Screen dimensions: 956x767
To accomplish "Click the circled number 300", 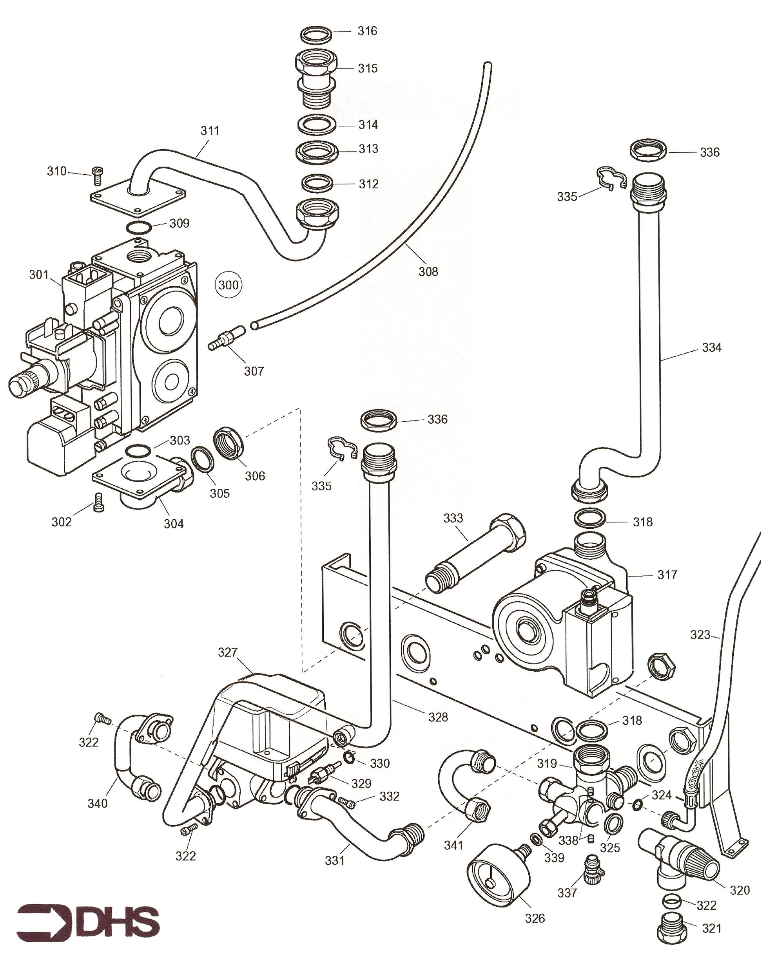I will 228,285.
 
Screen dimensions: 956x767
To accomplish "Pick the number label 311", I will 210,131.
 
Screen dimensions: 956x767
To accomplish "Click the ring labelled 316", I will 317,34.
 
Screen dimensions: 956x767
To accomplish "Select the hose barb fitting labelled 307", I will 226,338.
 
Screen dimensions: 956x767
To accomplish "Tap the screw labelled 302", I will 98,502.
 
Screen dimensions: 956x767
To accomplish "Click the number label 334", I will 712,348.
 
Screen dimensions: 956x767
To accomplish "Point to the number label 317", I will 667,575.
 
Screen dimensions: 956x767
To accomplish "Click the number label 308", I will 428,272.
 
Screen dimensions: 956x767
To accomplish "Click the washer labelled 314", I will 317,125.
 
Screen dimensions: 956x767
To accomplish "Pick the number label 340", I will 97,804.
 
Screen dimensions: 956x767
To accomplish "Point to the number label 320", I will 740,890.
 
